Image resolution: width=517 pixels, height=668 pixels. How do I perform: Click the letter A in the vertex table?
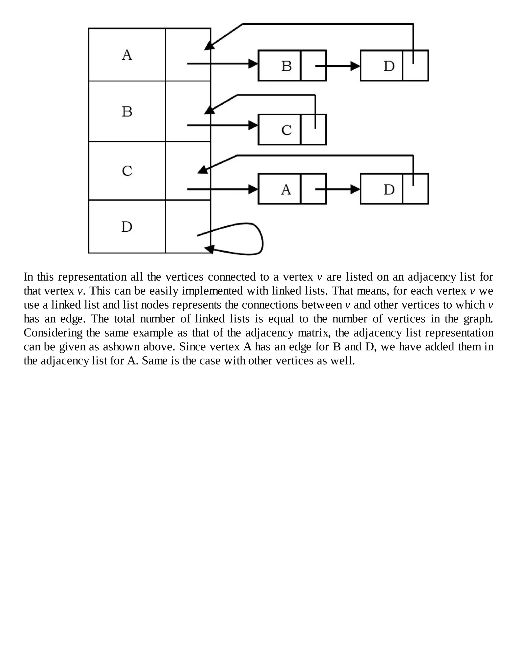pyautogui.click(x=127, y=55)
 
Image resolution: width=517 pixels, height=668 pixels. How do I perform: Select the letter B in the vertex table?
pyautogui.click(x=127, y=112)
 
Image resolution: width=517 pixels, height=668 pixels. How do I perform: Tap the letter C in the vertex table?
pyautogui.click(x=127, y=171)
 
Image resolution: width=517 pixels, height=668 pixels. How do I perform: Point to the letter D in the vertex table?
pyautogui.click(x=127, y=227)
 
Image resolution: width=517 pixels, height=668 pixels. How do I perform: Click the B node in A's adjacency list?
pyautogui.click(x=286, y=66)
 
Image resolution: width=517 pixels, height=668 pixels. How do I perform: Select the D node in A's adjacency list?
pyautogui.click(x=389, y=66)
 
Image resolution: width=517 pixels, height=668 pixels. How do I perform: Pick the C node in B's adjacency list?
pyautogui.click(x=286, y=130)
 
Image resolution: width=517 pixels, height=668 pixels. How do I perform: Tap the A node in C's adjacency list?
pyautogui.click(x=286, y=189)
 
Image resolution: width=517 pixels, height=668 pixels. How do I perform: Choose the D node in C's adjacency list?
pyautogui.click(x=389, y=189)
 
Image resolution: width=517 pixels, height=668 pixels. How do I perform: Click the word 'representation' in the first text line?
pyautogui.click(x=92, y=277)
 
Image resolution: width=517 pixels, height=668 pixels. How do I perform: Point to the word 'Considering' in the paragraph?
pyautogui.click(x=53, y=333)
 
